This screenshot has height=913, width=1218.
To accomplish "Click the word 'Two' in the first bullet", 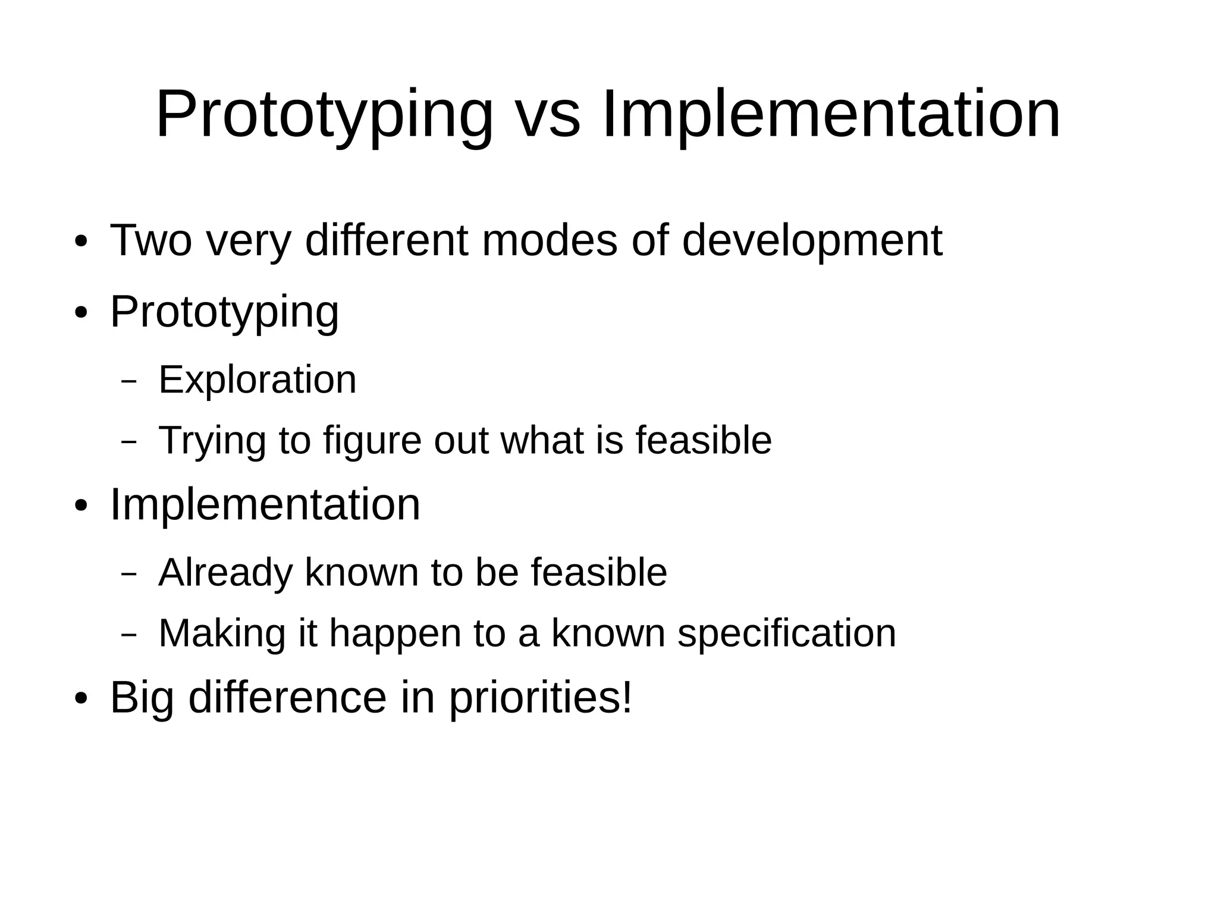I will coord(151,240).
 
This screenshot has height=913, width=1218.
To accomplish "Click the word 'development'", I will coord(812,240).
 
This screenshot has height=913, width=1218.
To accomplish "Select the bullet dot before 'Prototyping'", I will coord(81,313).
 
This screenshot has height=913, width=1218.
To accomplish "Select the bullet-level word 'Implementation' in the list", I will coord(265,504).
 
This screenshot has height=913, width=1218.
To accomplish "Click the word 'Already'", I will coord(225,572).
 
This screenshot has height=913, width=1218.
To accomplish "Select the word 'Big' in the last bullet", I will coord(142,697).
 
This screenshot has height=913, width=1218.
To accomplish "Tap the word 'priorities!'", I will coord(540,697).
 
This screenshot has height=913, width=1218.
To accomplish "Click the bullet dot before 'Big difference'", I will coord(81,699).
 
